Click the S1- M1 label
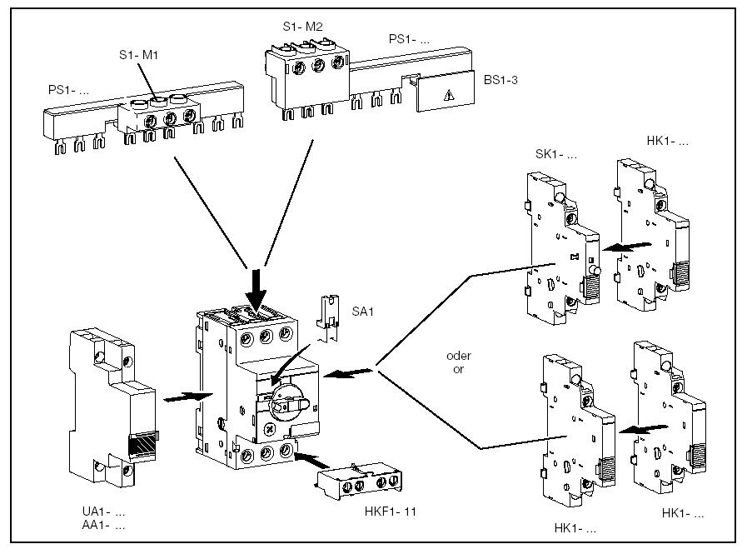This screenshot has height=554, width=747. [x=138, y=55]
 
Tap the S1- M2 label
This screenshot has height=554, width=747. [x=302, y=27]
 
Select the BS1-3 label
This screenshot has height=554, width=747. [x=500, y=80]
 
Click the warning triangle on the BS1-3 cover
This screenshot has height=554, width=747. [x=448, y=97]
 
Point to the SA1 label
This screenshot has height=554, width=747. [x=362, y=312]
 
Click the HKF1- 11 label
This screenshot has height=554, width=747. [x=391, y=512]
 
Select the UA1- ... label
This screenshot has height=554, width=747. [x=103, y=512]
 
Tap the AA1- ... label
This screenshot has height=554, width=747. [x=103, y=525]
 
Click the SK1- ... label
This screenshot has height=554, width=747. [x=556, y=154]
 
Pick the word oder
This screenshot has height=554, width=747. [x=459, y=356]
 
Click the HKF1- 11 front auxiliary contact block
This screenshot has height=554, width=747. [x=359, y=482]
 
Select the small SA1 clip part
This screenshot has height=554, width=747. [x=328, y=317]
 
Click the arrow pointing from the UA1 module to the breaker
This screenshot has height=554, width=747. [x=187, y=397]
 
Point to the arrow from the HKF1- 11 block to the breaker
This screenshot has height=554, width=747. [x=311, y=460]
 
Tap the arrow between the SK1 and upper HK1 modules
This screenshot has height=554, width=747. [x=626, y=247]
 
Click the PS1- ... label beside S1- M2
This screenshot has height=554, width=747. [x=409, y=40]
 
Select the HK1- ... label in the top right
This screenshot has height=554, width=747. [x=667, y=141]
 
